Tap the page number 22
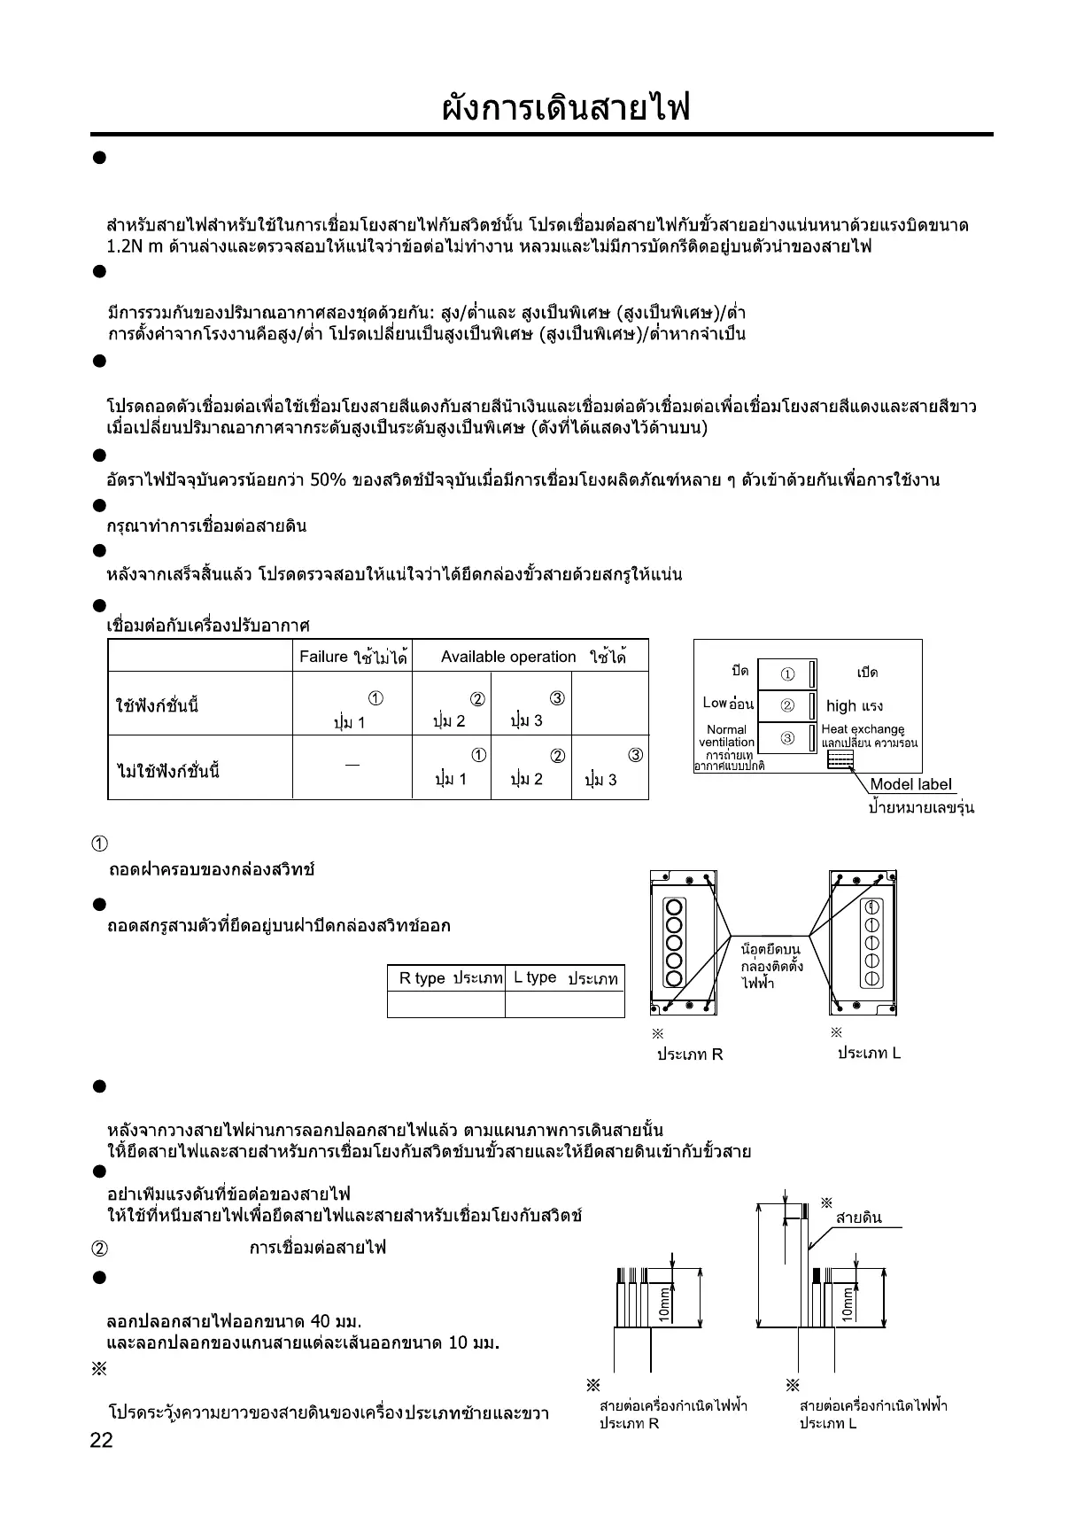(x=102, y=1441)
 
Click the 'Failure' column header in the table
(x=352, y=657)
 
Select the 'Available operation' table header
(x=508, y=657)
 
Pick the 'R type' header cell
(x=445, y=978)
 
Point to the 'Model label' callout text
(x=910, y=783)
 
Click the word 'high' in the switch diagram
(x=840, y=706)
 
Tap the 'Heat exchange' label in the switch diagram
(x=863, y=729)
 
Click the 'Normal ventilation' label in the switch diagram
(x=726, y=735)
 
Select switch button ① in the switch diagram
(x=787, y=674)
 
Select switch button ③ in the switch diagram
(x=787, y=738)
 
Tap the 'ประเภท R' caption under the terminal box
(x=690, y=1054)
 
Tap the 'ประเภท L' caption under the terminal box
(x=869, y=1054)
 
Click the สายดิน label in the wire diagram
(x=859, y=1218)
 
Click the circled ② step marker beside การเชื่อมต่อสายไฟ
(x=100, y=1249)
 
